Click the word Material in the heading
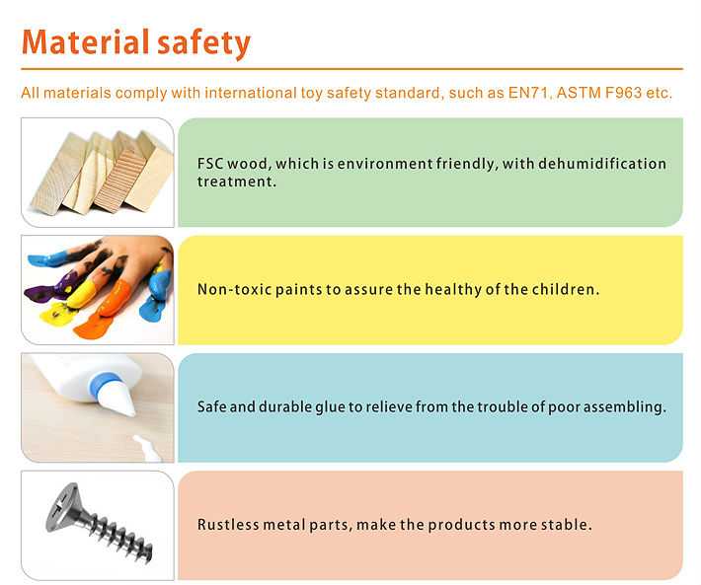[85, 42]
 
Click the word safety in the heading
[203, 43]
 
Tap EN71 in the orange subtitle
[528, 93]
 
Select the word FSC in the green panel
[210, 164]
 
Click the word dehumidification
[602, 164]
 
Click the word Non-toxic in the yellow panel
[234, 289]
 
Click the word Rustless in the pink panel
[228, 524]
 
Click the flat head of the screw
[62, 507]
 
